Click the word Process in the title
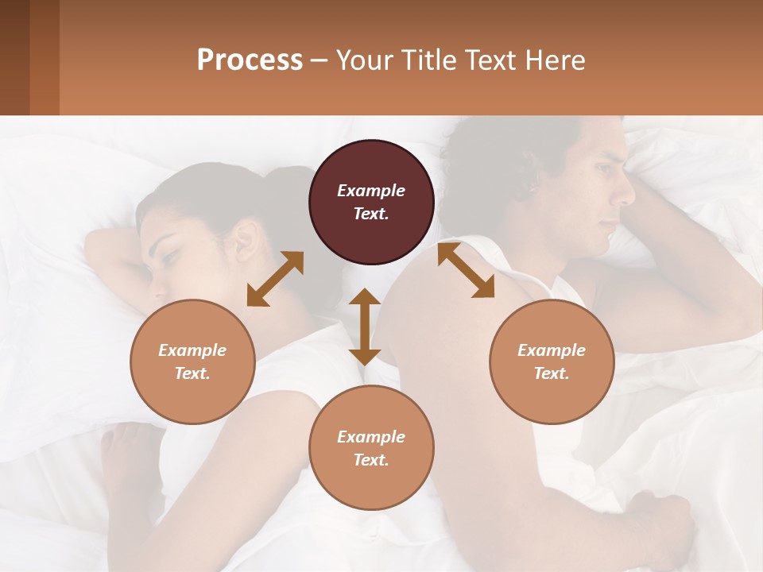click(250, 60)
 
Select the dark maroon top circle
click(371, 202)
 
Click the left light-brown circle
click(192, 361)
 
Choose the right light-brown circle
click(552, 361)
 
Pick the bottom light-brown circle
click(371, 447)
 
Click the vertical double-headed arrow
click(365, 327)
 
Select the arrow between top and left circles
click(275, 278)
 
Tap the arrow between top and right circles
click(466, 270)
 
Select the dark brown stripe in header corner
click(14, 57)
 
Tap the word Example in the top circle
click(371, 191)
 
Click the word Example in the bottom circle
click(371, 437)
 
